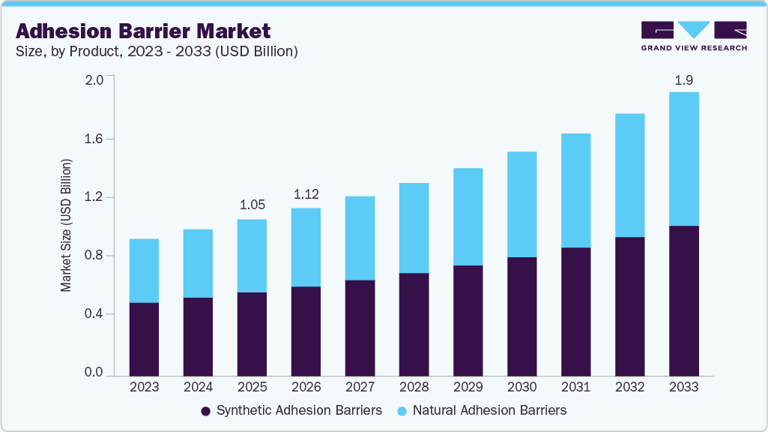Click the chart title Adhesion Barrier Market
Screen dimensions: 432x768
tap(143, 31)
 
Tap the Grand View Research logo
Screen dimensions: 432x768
tap(694, 36)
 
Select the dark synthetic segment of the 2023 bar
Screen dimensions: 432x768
tap(144, 339)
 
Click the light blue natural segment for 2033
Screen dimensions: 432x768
tap(683, 159)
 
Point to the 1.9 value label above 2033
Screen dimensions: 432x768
tap(683, 79)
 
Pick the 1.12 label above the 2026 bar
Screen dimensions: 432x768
tap(306, 194)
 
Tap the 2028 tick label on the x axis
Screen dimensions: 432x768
tap(414, 387)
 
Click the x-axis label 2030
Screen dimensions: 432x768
tap(521, 387)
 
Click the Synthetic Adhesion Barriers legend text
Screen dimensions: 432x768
tap(299, 410)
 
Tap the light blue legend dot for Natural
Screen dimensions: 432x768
tap(402, 411)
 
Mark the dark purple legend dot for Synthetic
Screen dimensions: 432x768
tap(205, 411)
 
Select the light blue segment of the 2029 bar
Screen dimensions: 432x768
tap(468, 217)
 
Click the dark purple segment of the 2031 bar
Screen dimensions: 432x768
tap(575, 311)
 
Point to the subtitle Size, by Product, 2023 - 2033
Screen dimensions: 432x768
tap(157, 52)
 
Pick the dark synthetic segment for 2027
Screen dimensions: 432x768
tap(360, 328)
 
